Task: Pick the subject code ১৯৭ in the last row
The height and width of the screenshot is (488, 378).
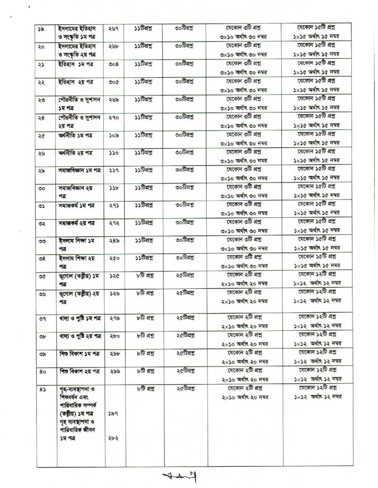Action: coord(113,414)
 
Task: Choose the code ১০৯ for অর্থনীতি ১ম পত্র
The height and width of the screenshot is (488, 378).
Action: coord(113,135)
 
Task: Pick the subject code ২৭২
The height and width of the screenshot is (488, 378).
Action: coord(113,223)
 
